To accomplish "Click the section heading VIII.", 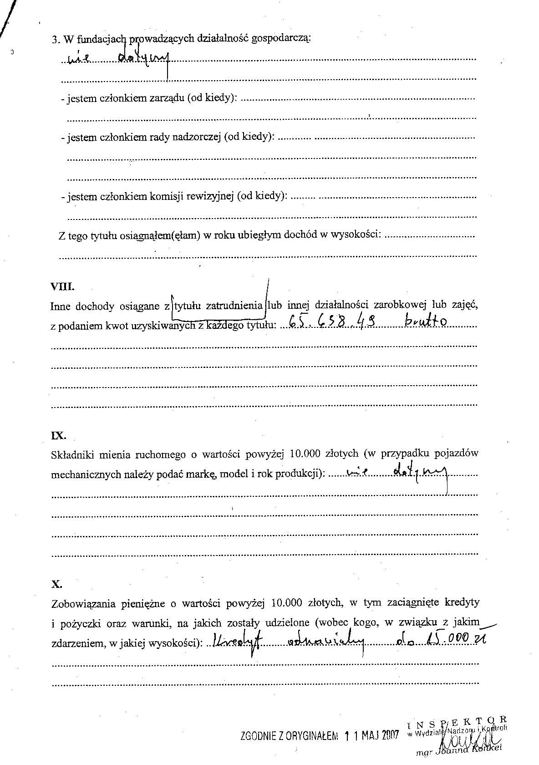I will [x=62, y=287].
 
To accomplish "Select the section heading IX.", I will [x=58, y=435].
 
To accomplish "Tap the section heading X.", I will [x=56, y=584].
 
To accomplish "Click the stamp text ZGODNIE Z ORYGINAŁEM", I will [x=289, y=736].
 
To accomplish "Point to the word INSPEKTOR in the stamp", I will [x=457, y=721].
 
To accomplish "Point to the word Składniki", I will [x=72, y=454].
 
